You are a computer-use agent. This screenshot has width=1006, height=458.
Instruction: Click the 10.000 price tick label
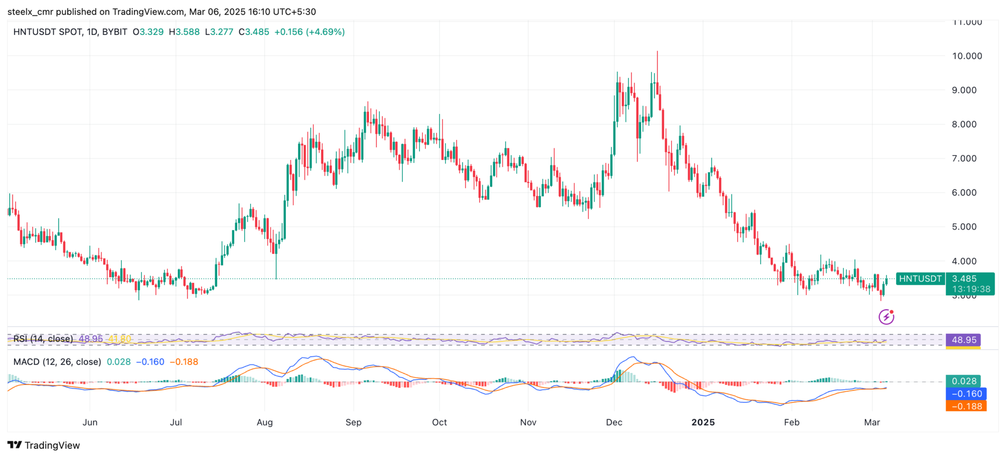[967, 56]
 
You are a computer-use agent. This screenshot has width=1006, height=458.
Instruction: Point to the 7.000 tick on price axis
[967, 159]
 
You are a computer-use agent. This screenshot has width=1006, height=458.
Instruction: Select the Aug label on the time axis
[264, 422]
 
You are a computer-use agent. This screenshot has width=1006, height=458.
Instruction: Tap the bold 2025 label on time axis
[703, 422]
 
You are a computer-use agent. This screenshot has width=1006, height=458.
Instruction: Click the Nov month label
[528, 422]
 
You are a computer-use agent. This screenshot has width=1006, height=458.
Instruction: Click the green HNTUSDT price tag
[920, 279]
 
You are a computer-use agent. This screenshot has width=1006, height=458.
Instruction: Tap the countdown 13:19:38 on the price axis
[971, 289]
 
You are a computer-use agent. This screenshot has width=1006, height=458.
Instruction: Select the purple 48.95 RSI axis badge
[963, 340]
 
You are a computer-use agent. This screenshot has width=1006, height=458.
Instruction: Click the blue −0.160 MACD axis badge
[966, 394]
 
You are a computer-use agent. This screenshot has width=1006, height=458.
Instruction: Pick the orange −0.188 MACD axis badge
[966, 406]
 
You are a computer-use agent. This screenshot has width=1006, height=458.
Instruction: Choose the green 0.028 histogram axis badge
[963, 381]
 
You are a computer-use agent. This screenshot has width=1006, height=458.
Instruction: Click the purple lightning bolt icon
[886, 317]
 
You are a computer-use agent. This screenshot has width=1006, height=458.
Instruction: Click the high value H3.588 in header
[184, 32]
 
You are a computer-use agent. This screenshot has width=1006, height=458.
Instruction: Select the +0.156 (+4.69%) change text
[309, 32]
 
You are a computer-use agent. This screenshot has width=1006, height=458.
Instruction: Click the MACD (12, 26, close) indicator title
[57, 362]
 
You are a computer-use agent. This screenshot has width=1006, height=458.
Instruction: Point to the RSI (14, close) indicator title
[43, 339]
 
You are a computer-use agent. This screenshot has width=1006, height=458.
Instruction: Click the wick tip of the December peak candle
[657, 52]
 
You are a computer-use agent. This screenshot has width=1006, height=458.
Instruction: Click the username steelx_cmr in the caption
[28, 12]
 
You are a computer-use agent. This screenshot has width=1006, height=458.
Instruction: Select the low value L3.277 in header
[219, 32]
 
